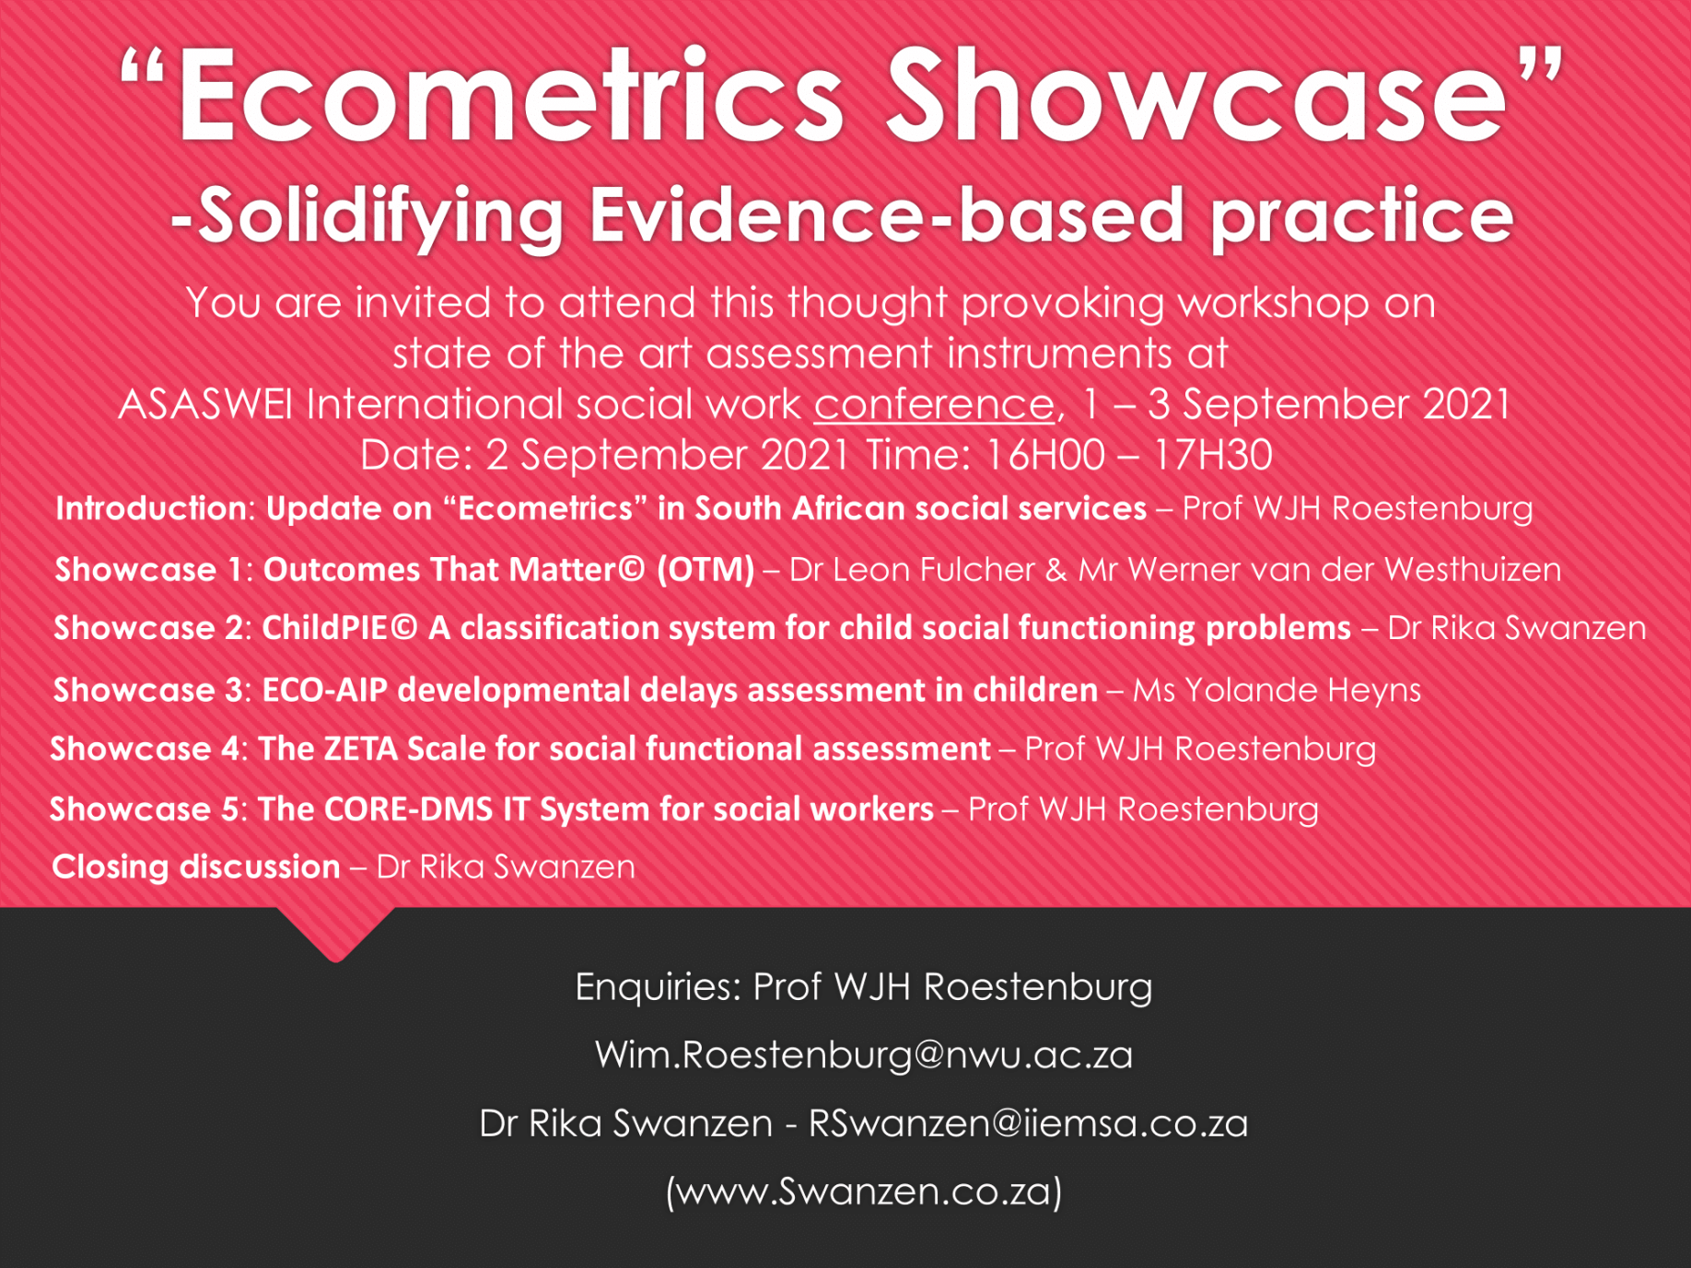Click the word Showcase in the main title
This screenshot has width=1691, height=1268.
[1195, 97]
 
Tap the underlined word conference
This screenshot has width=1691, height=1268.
[934, 404]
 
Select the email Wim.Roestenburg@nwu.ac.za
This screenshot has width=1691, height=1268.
[864, 1054]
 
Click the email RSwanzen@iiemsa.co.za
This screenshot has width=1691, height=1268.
[1028, 1123]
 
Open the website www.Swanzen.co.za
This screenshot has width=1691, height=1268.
[864, 1192]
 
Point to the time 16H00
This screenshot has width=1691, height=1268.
[1044, 455]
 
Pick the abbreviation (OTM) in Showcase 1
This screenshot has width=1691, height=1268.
[706, 570]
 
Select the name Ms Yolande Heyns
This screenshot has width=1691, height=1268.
[1277, 690]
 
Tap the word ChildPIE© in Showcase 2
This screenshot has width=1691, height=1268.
[340, 628]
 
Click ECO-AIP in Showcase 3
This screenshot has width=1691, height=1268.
[325, 690]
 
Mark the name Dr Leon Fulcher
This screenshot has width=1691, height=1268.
[912, 570]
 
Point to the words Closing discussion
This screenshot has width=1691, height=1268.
[196, 867]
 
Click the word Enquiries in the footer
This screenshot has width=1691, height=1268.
[659, 987]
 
